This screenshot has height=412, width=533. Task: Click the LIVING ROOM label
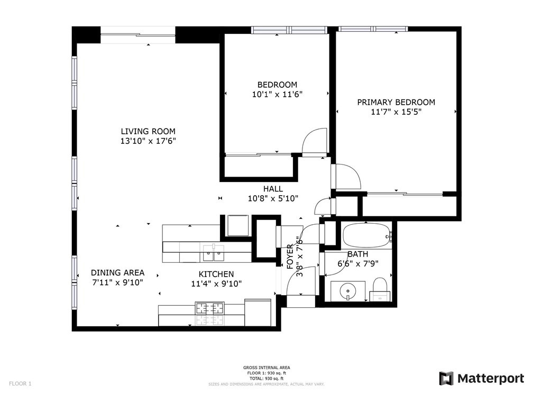tap(148, 131)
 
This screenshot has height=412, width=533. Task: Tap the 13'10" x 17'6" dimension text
tap(148, 141)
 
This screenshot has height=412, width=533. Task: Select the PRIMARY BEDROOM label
tap(396, 102)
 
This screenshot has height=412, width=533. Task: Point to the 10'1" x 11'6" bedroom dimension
tap(277, 94)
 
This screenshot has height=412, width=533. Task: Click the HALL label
tap(273, 189)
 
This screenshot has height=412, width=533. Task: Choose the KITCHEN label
tap(216, 274)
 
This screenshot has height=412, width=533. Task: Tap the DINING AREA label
tap(117, 272)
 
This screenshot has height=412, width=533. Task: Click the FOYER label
tap(290, 257)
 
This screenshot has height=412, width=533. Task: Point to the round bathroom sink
tap(348, 291)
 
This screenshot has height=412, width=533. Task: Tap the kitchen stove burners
tap(210, 308)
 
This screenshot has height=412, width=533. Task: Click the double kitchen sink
tap(214, 252)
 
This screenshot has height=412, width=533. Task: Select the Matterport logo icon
tap(446, 378)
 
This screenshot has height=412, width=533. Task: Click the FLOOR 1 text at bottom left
tap(20, 384)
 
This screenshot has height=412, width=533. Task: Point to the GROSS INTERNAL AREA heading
tap(266, 368)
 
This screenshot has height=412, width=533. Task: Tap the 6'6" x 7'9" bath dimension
tap(358, 263)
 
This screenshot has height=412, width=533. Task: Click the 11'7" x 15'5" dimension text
tap(397, 112)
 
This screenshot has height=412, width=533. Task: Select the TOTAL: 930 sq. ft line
tap(266, 378)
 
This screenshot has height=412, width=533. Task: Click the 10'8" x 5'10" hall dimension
tap(273, 198)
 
